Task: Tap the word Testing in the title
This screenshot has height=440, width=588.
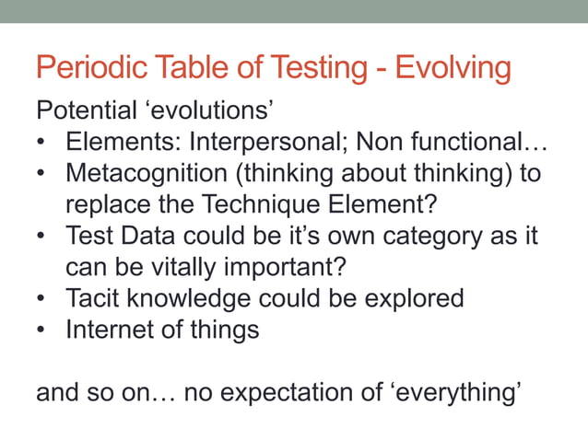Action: [303, 69]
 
